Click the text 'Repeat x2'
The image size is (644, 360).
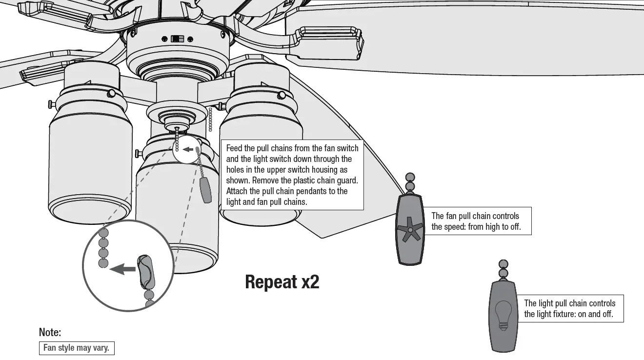coord(282,282)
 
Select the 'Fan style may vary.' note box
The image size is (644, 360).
coord(77,348)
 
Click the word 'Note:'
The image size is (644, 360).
coord(50,333)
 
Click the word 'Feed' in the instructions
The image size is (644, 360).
coord(234,148)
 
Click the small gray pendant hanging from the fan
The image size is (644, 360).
coord(206,190)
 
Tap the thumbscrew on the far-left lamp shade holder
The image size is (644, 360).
coord(51,104)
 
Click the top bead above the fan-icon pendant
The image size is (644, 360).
coord(410,177)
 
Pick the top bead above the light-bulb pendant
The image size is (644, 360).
coord(503,264)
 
